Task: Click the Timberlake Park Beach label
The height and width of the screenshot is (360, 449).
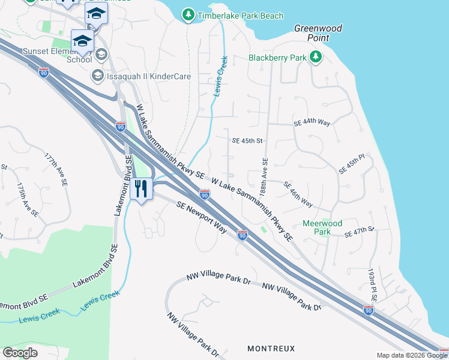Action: click(x=240, y=16)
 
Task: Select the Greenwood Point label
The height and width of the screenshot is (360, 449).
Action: click(x=318, y=32)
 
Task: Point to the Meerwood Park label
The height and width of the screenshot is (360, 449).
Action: click(x=322, y=227)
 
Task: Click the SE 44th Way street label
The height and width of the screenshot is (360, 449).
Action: click(x=312, y=122)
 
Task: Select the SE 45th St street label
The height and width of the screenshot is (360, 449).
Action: click(x=248, y=141)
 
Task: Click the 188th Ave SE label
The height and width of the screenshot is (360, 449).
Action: click(x=264, y=174)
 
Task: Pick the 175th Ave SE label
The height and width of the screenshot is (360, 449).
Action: click(x=28, y=199)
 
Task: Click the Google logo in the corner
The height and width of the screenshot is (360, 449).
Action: click(x=20, y=352)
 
